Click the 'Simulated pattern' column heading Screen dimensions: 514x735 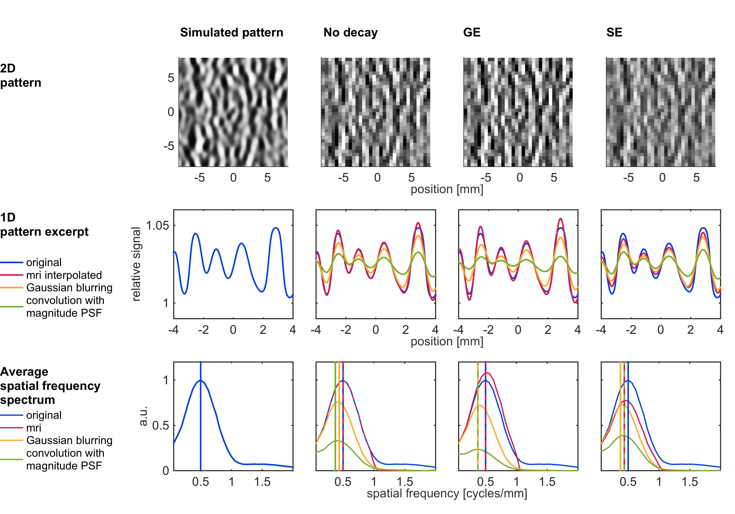[232, 32]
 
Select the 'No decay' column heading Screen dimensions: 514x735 [351, 32]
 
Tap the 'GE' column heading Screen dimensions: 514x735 [472, 32]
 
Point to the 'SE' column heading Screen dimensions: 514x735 [614, 32]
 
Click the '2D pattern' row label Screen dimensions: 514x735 [21, 75]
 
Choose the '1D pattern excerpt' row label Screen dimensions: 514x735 [44, 224]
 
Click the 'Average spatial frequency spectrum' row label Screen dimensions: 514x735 [50, 385]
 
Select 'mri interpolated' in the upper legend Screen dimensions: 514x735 [64, 275]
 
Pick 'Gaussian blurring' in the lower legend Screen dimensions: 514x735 [69, 440]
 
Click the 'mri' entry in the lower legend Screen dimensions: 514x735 [34, 428]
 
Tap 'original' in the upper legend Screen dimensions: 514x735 [44, 263]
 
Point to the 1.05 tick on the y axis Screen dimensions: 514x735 [157, 225]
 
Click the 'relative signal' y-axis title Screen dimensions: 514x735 [136, 264]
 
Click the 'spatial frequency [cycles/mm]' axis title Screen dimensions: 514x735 [447, 493]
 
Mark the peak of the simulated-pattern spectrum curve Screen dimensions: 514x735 [201, 380]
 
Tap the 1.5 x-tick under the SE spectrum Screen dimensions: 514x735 [689, 482]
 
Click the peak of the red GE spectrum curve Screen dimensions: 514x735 [487, 373]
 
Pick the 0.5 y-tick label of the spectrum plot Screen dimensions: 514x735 [160, 426]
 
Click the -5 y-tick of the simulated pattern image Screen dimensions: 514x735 [169, 146]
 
